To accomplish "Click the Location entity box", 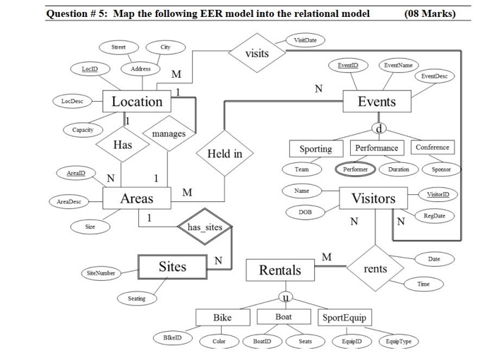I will click(137, 102).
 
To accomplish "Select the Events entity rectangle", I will click(377, 102).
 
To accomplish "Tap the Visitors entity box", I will click(373, 198).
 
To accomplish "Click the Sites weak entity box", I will click(172, 267).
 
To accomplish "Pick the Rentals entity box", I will click(280, 270).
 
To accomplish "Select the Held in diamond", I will click(224, 154).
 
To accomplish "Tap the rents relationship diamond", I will click(375, 269).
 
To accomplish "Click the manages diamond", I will click(169, 133).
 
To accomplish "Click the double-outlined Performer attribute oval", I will click(355, 169).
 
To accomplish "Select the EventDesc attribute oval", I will click(434, 75).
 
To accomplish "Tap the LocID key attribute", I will click(90, 68).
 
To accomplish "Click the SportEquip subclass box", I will click(344, 318).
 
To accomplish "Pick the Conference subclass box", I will click(432, 148).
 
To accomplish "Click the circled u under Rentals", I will click(285, 295).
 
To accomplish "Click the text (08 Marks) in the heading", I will click(431, 13).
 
